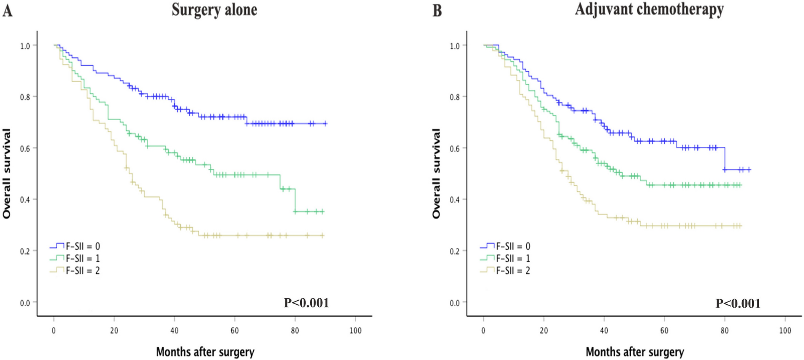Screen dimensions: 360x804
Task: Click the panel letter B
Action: click(437, 10)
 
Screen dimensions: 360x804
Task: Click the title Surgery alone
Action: click(214, 10)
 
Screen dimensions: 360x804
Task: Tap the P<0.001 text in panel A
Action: click(306, 303)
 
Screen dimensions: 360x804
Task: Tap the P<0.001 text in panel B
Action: click(738, 303)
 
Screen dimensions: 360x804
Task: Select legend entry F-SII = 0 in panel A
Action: click(83, 246)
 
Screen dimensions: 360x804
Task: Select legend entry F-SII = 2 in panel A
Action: click(83, 271)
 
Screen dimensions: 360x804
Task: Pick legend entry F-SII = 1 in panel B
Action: click(513, 258)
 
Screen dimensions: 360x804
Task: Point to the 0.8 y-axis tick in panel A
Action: click(25, 97)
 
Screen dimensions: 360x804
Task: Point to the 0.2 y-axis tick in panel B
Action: click(455, 251)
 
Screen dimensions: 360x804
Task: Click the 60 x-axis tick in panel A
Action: click(234, 331)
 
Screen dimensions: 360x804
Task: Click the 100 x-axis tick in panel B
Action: click(785, 331)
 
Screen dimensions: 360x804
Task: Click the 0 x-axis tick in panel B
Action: click(483, 331)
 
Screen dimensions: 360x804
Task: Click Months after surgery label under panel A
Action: click(205, 352)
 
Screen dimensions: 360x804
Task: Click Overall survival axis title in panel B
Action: click(436, 174)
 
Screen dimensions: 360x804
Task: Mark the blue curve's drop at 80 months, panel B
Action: click(725, 159)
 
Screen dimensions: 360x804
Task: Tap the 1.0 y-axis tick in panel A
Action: click(25, 46)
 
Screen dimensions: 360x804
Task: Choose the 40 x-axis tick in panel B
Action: click(604, 331)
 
